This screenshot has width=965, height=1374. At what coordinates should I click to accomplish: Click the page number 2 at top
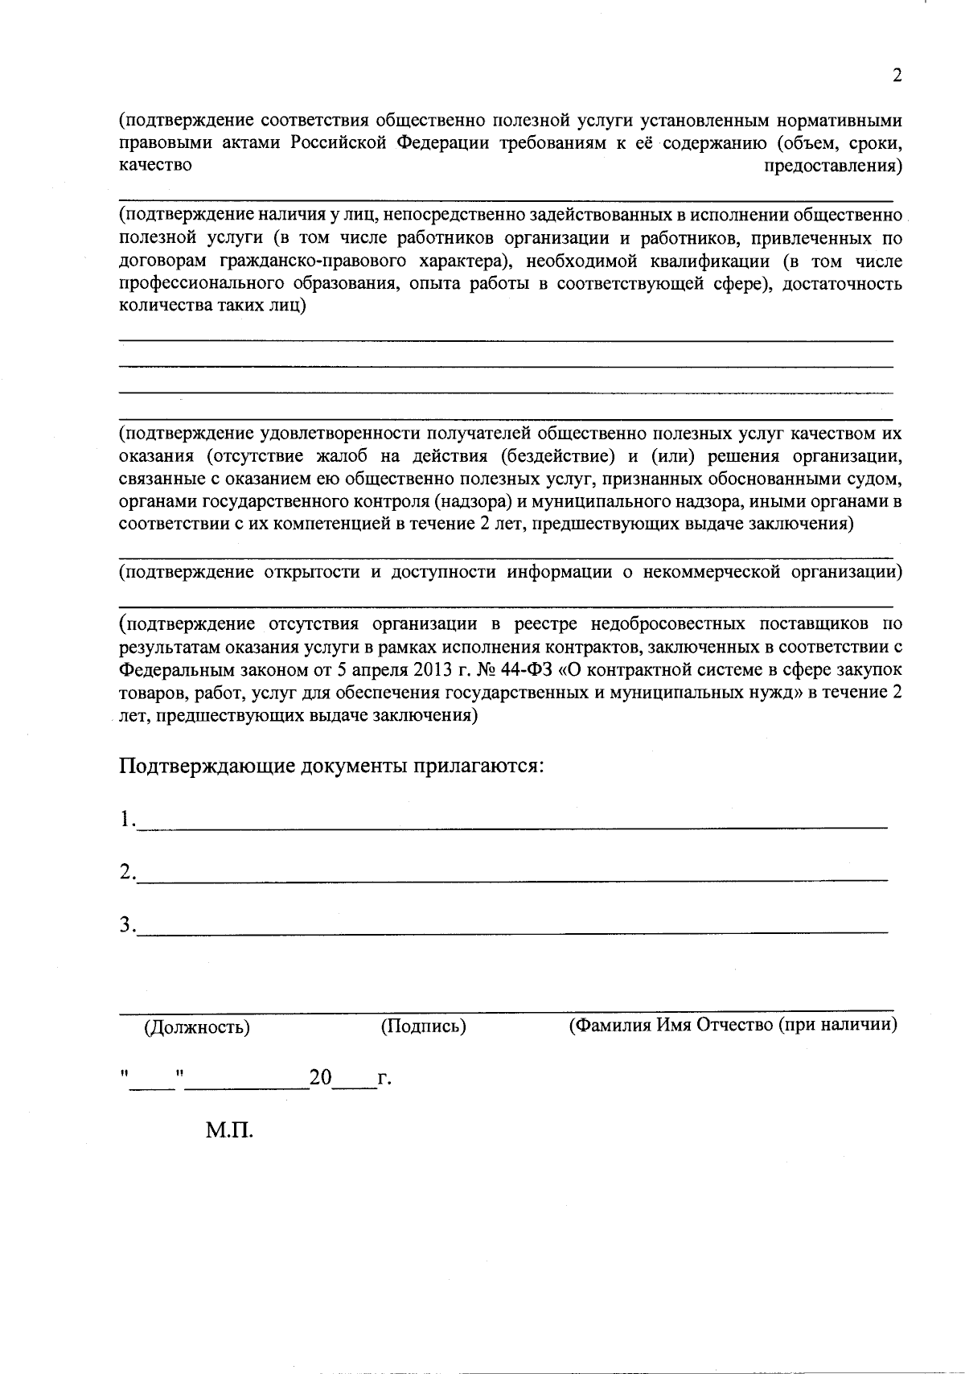[897, 76]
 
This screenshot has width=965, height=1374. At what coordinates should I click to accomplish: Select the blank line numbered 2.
[511, 876]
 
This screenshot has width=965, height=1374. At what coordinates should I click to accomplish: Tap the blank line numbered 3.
[511, 928]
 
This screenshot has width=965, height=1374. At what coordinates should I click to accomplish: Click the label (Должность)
[196, 1027]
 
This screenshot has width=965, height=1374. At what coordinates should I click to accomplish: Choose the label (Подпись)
[423, 1026]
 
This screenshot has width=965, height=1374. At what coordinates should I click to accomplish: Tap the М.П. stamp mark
[229, 1131]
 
